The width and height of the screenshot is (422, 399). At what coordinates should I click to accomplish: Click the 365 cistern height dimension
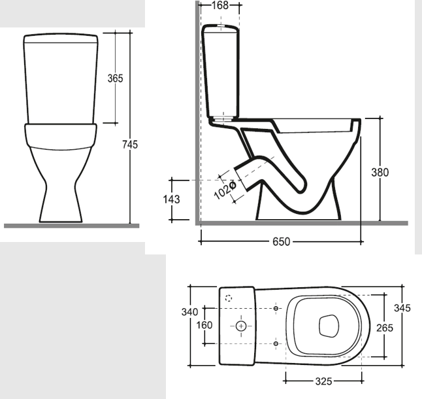pyautogui.click(x=116, y=78)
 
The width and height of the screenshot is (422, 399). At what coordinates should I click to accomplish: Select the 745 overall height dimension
pyautogui.click(x=130, y=145)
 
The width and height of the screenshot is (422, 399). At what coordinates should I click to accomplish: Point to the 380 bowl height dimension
pyautogui.click(x=380, y=173)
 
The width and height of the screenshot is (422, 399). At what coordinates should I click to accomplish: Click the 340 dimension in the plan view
pyautogui.click(x=189, y=312)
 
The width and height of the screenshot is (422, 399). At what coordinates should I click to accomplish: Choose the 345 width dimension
pyautogui.click(x=402, y=308)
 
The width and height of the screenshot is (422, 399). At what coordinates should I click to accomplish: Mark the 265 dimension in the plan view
pyautogui.click(x=385, y=328)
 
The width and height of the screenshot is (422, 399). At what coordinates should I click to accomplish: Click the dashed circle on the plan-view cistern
pyautogui.click(x=228, y=298)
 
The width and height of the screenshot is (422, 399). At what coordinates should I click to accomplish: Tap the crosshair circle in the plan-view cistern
pyautogui.click(x=241, y=325)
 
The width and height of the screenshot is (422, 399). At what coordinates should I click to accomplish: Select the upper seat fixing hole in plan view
pyautogui.click(x=276, y=308)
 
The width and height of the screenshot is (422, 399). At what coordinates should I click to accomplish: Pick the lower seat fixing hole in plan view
pyautogui.click(x=276, y=343)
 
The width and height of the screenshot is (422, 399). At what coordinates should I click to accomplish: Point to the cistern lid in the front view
pyautogui.click(x=60, y=37)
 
